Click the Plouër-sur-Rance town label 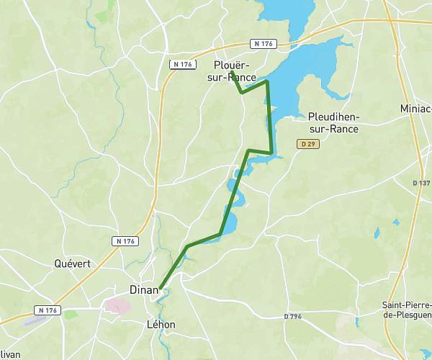coord(236,71)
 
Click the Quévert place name coord(73,264)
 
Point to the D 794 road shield coord(292,316)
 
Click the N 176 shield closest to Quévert coord(124,240)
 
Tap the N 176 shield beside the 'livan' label coord(48,310)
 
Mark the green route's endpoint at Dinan coord(160,287)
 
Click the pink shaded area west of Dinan coord(116,305)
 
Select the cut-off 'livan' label coord(10,354)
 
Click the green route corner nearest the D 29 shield coord(271,153)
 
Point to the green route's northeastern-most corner coord(267,82)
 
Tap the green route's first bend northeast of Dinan coord(187,246)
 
